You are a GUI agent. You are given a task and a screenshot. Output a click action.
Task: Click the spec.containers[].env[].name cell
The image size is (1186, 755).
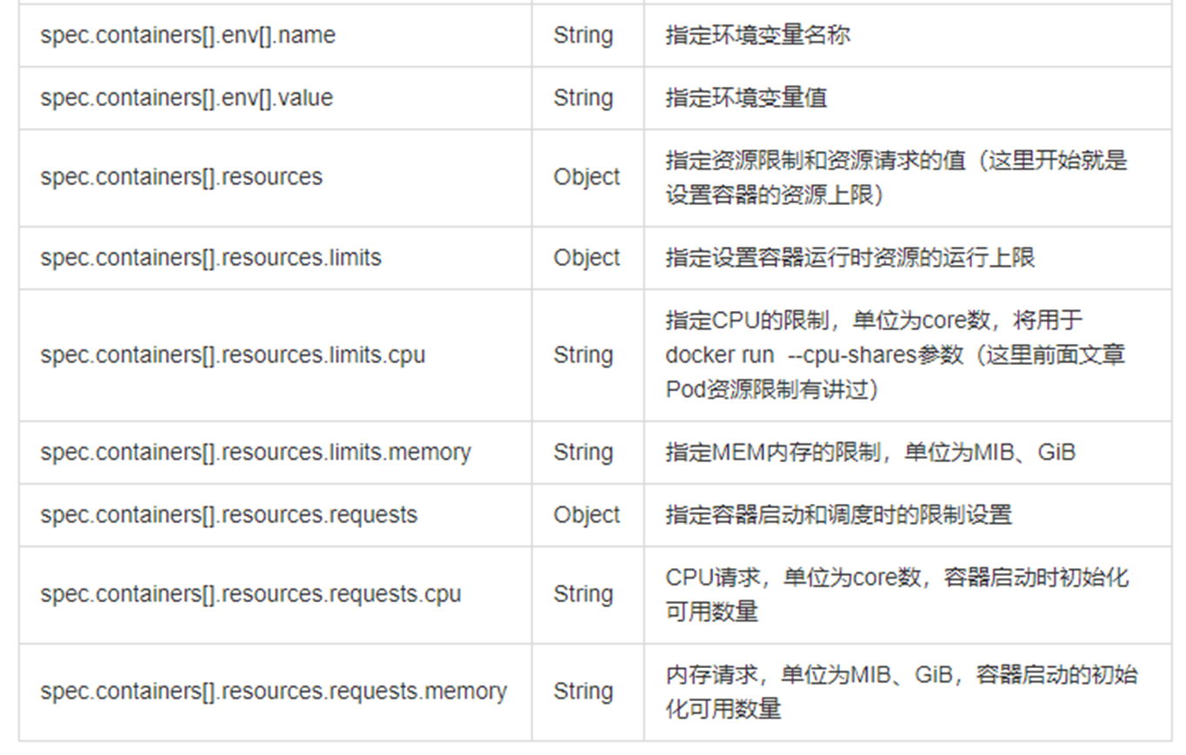(188, 36)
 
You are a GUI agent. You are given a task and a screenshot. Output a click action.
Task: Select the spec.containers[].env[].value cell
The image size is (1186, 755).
(187, 98)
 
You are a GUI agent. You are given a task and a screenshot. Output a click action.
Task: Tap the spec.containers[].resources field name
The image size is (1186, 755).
(182, 177)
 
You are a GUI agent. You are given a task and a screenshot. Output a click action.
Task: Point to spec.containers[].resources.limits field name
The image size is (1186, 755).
(210, 258)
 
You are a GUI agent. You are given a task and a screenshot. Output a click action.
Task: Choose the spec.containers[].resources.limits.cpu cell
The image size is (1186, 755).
(233, 355)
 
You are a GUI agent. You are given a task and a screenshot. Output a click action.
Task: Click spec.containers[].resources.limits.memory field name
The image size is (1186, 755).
(256, 453)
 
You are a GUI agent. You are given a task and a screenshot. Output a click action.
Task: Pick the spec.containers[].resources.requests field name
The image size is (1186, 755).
(230, 515)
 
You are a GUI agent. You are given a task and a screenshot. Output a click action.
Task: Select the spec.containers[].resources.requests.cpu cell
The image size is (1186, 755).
(251, 594)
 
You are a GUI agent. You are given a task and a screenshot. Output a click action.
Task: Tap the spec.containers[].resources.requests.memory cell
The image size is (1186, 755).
(274, 692)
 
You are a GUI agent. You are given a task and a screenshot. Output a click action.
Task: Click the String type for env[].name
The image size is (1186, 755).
(583, 36)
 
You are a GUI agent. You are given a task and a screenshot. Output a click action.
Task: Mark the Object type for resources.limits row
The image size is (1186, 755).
(587, 258)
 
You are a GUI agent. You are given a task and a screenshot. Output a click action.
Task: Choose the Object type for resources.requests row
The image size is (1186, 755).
(587, 515)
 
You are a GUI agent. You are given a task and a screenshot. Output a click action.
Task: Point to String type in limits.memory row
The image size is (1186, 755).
(583, 453)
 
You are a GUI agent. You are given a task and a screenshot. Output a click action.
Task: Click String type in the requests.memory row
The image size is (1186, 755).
(583, 692)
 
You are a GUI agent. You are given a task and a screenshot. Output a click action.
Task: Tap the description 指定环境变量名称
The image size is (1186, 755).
(757, 36)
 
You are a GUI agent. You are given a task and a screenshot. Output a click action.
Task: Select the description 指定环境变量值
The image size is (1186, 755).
(746, 98)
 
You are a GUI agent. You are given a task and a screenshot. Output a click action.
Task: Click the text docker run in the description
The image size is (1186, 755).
(720, 355)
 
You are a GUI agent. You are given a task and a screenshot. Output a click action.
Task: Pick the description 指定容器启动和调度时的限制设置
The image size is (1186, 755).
(839, 515)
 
